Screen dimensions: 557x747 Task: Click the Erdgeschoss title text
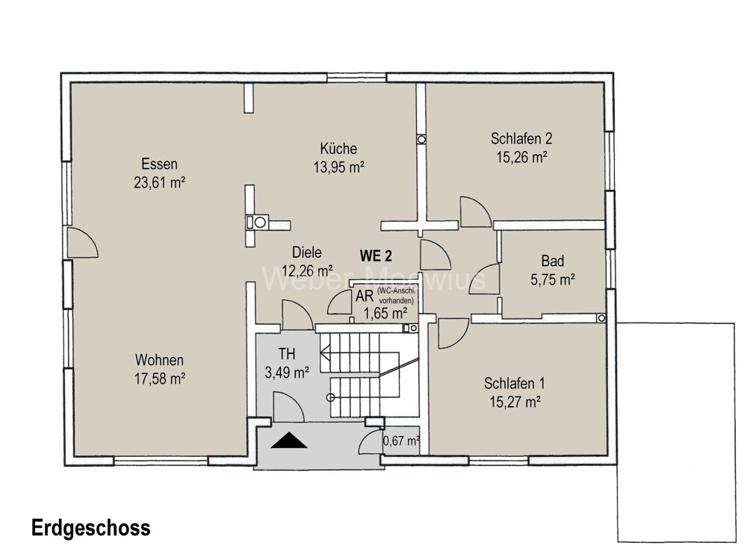pos(90,528)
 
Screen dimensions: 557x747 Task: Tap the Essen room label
pos(158,164)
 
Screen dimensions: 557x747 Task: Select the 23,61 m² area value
pos(158,181)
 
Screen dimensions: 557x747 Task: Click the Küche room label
pos(338,148)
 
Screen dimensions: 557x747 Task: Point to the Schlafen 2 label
pos(521,138)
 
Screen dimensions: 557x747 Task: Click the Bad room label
pos(553,261)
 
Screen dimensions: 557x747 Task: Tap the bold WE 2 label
pos(379,255)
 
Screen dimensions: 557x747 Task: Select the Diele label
pos(307,252)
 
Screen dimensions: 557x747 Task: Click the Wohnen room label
pos(159,359)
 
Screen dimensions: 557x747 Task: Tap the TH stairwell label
pos(287,353)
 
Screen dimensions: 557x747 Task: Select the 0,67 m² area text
pos(401,441)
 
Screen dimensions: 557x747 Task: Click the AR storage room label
pos(364,296)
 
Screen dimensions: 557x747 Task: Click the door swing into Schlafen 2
pos(474,211)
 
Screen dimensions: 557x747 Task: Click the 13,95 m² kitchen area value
pos(338,166)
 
